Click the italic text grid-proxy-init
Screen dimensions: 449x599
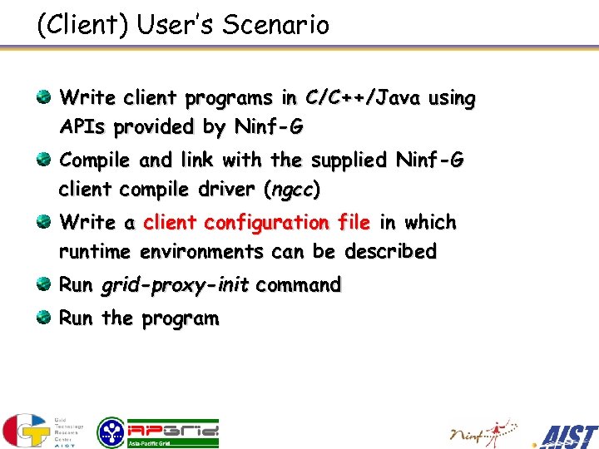175,286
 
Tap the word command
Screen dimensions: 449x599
299,286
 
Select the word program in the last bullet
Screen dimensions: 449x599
181,319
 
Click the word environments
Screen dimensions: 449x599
203,252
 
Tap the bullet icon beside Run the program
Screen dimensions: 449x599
43,318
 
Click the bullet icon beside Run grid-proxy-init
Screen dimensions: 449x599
43,285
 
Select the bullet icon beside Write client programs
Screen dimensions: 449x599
43,98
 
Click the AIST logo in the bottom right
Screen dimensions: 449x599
567,435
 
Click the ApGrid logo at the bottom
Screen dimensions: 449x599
158,432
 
